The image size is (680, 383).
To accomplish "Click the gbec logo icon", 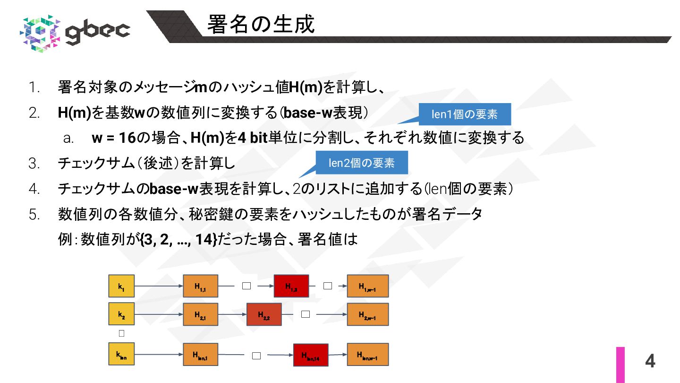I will pyautogui.click(x=41, y=32).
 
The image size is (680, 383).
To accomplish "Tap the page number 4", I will pyautogui.click(x=650, y=361).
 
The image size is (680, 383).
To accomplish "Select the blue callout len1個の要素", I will pyautogui.click(x=465, y=114).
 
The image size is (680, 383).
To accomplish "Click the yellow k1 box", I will pyautogui.click(x=121, y=286).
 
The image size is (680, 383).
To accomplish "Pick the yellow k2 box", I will pyautogui.click(x=121, y=314).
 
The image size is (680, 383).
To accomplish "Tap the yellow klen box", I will pyautogui.click(x=121, y=354).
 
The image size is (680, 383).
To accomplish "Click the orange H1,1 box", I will pyautogui.click(x=200, y=286).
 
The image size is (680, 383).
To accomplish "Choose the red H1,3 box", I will pyautogui.click(x=291, y=286).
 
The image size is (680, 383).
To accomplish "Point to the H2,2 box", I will pyautogui.click(x=264, y=314).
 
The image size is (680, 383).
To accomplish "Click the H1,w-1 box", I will pyautogui.click(x=367, y=286).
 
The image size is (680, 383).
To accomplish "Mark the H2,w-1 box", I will pyautogui.click(x=367, y=314).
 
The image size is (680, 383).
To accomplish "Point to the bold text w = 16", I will pyautogui.click(x=113, y=138).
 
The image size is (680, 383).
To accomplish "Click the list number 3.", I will pyautogui.click(x=34, y=164).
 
